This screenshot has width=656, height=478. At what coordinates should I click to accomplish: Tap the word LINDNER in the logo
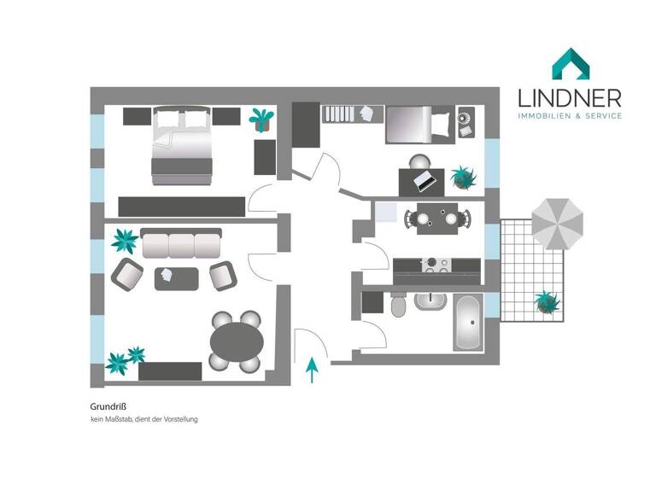tap(571, 97)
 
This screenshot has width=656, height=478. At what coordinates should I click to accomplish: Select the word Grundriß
tap(108, 407)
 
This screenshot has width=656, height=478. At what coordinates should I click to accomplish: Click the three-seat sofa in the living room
tap(181, 244)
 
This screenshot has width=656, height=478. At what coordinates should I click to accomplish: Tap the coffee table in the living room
tap(176, 277)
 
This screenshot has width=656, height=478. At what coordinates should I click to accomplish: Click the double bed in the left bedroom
tap(181, 146)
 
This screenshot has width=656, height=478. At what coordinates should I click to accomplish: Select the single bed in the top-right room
tap(418, 125)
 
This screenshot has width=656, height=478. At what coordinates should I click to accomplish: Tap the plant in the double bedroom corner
tap(261, 119)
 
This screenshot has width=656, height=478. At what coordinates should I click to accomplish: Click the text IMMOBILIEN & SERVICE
tap(571, 116)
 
